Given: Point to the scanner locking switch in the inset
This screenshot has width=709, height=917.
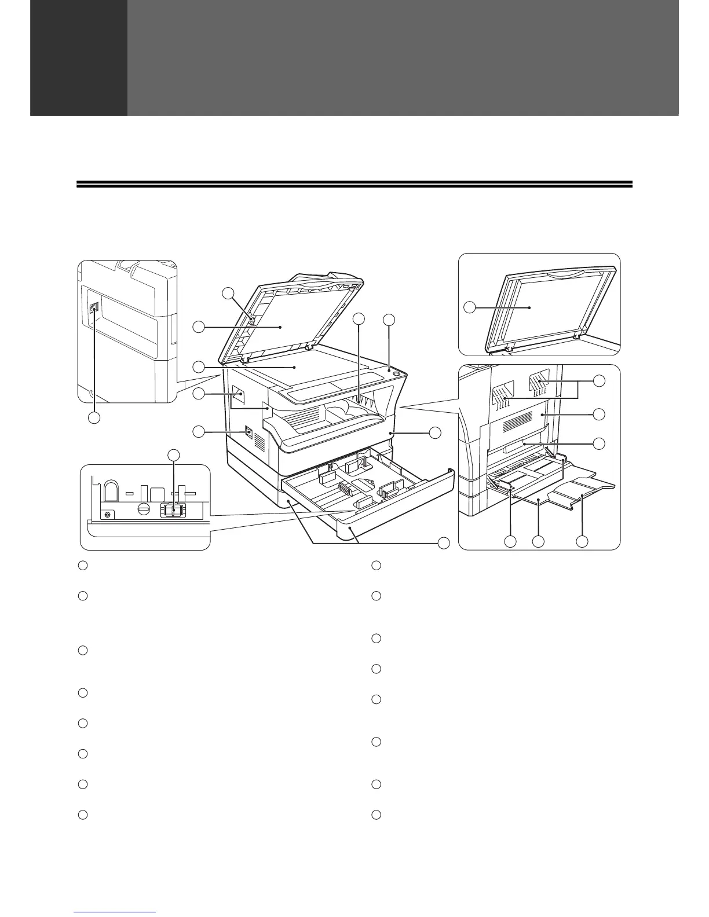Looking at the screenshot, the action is (173, 509).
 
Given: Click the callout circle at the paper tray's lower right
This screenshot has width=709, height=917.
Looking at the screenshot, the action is (443, 544).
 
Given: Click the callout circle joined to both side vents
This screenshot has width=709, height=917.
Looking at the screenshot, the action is (600, 380).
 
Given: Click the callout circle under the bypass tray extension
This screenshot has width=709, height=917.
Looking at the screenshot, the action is (582, 541).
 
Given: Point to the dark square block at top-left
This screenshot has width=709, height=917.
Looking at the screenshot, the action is (79, 58).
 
